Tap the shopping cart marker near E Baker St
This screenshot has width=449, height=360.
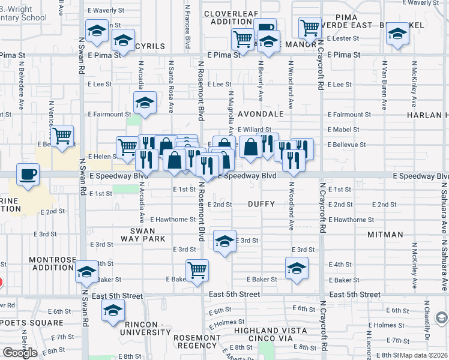pyautogui.click(x=197, y=271)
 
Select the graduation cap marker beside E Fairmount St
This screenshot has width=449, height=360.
pyautogui.click(x=145, y=104)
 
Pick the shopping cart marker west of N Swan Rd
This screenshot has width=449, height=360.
pyautogui.click(x=62, y=137)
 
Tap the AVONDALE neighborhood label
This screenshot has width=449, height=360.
pyautogui.click(x=260, y=113)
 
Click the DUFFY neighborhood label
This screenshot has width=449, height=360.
pyautogui.click(x=261, y=204)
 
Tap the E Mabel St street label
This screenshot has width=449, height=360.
pyautogui.click(x=343, y=130)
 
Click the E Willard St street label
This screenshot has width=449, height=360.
pyautogui.click(x=255, y=129)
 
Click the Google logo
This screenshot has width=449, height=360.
pyautogui.click(x=20, y=352)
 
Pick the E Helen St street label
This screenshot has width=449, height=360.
pyautogui.click(x=101, y=156)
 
